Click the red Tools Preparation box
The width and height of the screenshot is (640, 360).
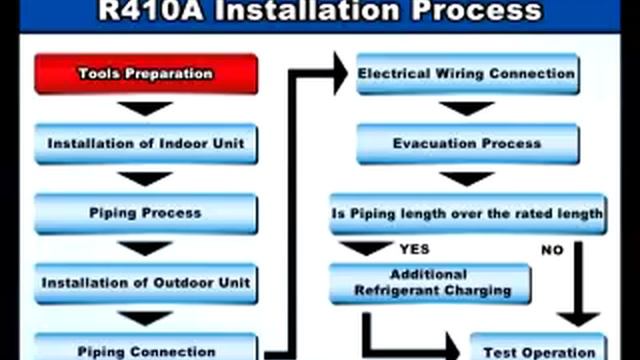[x=146, y=74]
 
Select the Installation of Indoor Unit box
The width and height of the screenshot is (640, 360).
[x=146, y=143]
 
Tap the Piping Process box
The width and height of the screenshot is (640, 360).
[x=146, y=213]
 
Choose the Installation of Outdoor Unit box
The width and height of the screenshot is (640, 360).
[x=146, y=283]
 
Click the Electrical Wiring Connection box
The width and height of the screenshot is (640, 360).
[x=466, y=74]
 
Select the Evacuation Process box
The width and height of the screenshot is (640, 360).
[x=466, y=143]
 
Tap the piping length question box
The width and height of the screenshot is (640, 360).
[x=466, y=213]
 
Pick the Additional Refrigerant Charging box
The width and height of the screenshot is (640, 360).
[x=430, y=282]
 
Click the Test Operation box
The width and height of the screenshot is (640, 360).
[x=537, y=350]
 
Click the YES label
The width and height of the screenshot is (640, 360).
[x=414, y=249]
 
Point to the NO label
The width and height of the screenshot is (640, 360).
[x=552, y=250]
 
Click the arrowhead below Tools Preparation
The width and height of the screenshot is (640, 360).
[x=146, y=108]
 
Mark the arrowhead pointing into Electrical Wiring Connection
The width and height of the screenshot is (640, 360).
[x=340, y=73]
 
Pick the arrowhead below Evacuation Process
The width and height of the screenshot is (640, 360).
[x=466, y=178]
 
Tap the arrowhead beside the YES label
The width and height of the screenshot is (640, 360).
[x=365, y=248]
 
